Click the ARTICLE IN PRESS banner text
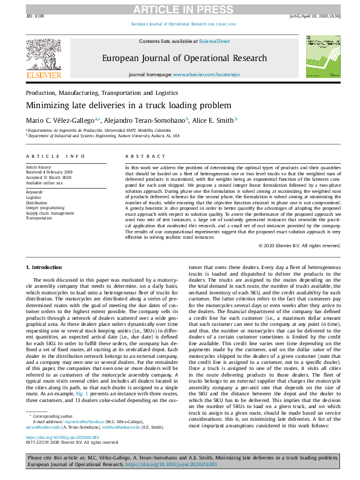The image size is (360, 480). tap(180, 9)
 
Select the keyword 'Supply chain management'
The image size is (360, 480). tap(50, 213)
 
